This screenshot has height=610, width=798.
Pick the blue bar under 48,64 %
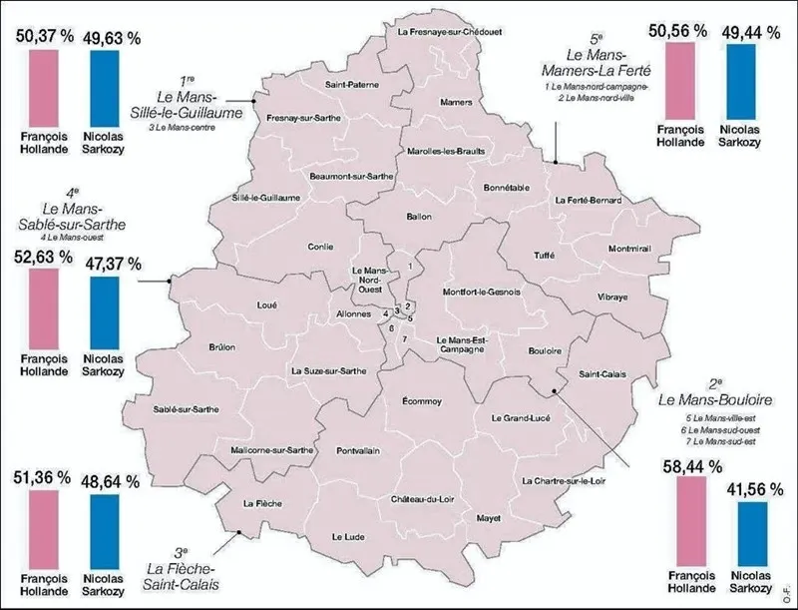coord(110,529)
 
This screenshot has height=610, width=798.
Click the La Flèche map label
coord(259,503)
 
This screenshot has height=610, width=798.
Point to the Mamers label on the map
coord(456,103)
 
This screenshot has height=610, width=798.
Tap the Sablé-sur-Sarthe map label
coord(187,409)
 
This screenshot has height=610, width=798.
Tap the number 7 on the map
coord(404,339)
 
